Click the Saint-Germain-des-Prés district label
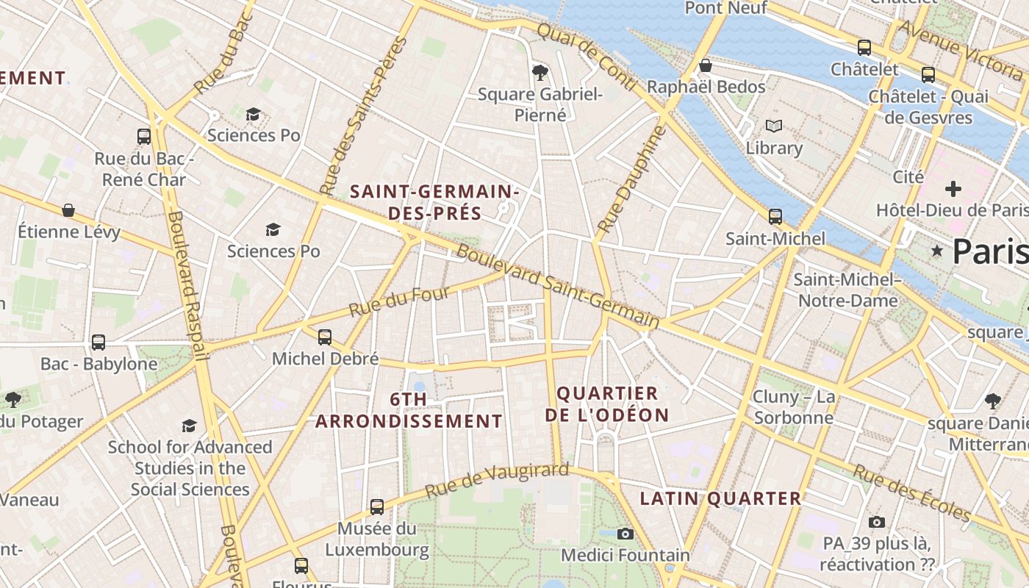[x=434, y=203]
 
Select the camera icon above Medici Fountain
[x=625, y=534]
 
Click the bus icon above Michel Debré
[x=325, y=337]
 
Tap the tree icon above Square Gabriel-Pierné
[x=540, y=72]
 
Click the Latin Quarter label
[x=720, y=498]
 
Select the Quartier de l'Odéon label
[x=607, y=404]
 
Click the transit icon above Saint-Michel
[x=775, y=217]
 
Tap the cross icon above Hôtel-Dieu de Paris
[x=953, y=189]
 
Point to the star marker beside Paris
[x=937, y=251]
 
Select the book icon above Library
[x=774, y=126]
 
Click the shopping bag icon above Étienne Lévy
[x=68, y=211]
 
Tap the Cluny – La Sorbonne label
[x=793, y=407]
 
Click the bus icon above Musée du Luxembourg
[x=377, y=506]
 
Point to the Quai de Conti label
[x=585, y=56]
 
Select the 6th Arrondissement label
[x=409, y=410]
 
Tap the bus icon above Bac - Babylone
[x=98, y=343]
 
